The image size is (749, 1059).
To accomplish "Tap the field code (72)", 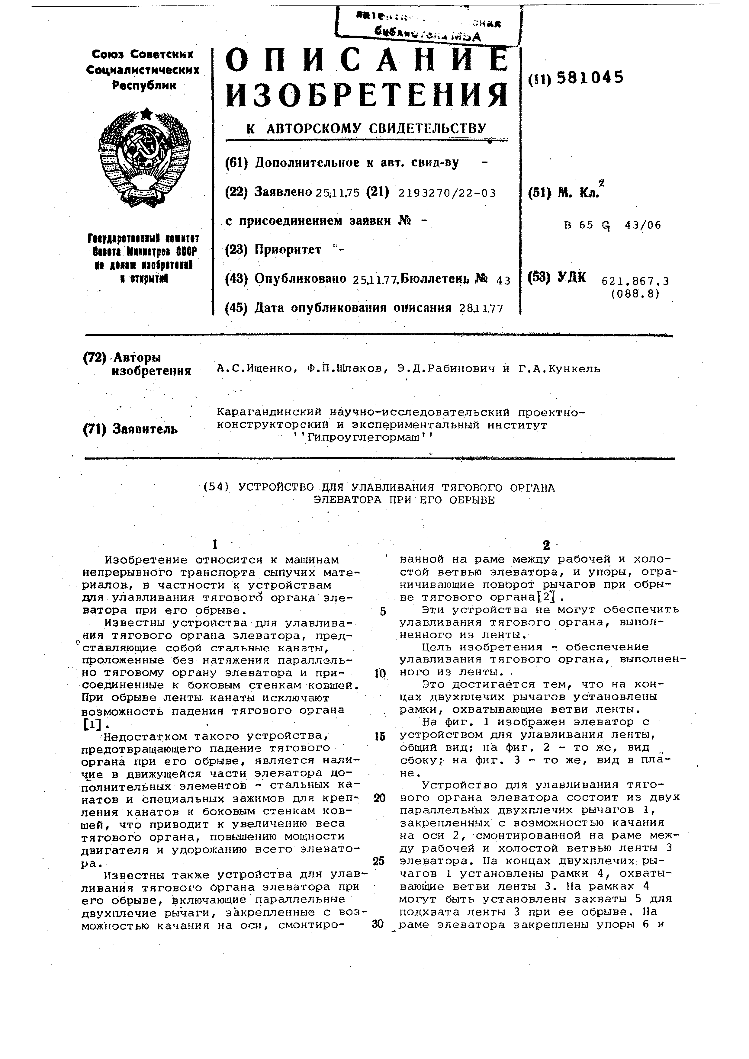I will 95,358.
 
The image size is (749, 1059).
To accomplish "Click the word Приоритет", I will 288,249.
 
